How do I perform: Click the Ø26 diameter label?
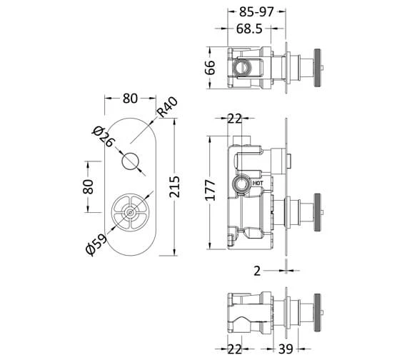(x=103, y=136)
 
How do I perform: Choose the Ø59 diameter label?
(x=95, y=244)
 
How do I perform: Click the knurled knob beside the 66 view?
(x=318, y=69)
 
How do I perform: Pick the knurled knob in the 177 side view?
(x=318, y=211)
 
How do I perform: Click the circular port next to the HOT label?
(x=242, y=184)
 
